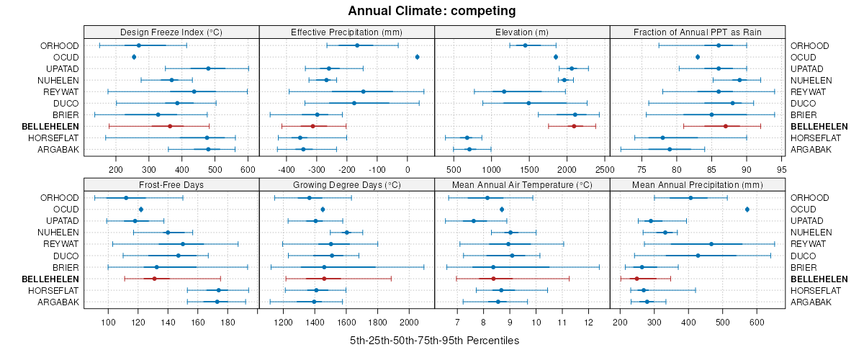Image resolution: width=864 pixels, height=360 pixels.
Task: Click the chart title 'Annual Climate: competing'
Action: coord(432,11)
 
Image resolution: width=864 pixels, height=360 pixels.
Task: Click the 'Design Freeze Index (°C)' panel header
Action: coord(171,32)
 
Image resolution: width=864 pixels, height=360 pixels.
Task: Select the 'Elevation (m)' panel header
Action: coord(522,32)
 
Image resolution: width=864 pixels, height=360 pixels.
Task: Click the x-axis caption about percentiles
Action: coord(434,340)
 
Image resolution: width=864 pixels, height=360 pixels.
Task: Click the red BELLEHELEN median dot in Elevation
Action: coord(574,126)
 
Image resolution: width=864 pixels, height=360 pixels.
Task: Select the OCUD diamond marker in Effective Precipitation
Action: coord(418,57)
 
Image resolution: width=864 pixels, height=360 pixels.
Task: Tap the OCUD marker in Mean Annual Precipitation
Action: coord(747,210)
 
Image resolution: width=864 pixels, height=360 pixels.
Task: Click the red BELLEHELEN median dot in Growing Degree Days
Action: coord(324,279)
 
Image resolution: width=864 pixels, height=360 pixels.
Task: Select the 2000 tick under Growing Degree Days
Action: coord(408,321)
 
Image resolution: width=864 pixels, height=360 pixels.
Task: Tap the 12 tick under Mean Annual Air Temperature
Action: coord(588,321)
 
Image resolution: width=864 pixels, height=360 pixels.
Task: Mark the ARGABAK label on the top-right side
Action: coord(811,149)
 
